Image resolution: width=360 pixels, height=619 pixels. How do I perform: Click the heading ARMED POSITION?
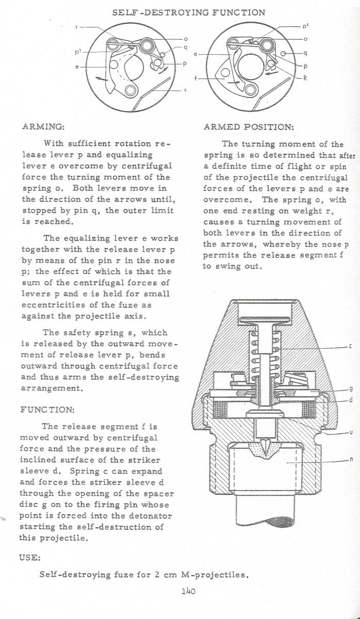pyautogui.click(x=249, y=126)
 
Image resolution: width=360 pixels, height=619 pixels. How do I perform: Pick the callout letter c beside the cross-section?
pyautogui.click(x=350, y=347)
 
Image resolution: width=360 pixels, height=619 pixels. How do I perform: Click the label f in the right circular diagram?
pyautogui.click(x=195, y=80)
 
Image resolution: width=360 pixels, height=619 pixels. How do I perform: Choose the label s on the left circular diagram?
pyautogui.click(x=184, y=90)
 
